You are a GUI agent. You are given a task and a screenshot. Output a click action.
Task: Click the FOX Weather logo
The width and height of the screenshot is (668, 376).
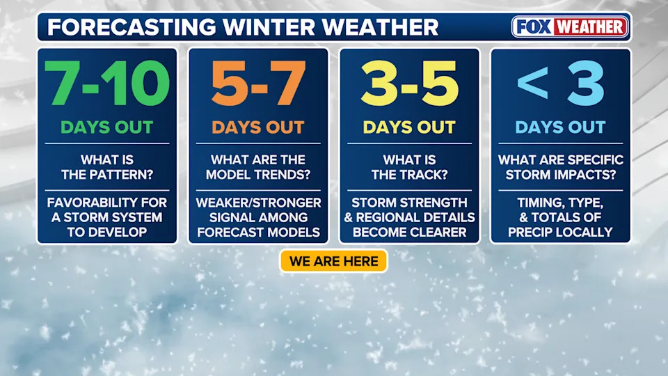[570, 27]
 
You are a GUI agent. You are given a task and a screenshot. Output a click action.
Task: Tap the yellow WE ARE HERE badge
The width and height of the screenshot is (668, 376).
[333, 261]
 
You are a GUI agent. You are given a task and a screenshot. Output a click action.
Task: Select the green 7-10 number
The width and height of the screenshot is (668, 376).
[106, 83]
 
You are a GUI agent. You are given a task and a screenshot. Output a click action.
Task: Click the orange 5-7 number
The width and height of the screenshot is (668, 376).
[258, 83]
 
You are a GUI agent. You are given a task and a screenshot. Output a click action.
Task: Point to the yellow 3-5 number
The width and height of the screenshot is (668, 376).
[409, 83]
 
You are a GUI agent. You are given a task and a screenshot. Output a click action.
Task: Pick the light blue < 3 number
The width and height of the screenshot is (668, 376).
[560, 83]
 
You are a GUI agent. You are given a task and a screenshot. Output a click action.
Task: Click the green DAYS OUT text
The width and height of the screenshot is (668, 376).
[106, 127]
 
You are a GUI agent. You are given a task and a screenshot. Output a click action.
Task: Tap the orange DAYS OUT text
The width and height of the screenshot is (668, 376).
[258, 127]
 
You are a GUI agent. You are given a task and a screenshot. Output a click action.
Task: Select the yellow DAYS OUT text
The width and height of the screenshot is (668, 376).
[409, 127]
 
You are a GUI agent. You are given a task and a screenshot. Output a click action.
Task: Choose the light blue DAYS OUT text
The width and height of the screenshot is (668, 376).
[560, 127]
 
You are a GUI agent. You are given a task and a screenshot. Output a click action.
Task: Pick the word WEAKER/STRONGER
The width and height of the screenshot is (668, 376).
[258, 203]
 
